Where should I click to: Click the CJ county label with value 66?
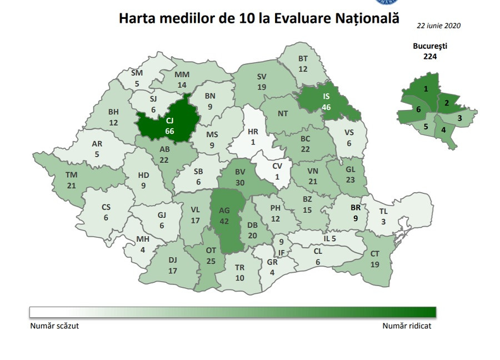click(169, 125)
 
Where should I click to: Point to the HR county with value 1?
click(253, 137)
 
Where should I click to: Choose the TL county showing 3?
click(383, 217)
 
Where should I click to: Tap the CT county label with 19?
click(374, 259)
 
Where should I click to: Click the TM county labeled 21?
click(71, 179)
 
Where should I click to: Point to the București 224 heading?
click(430, 51)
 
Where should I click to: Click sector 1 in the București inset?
click(426, 89)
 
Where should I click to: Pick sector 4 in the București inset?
click(443, 130)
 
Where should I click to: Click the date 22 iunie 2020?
click(439, 26)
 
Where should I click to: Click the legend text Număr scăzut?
click(54, 326)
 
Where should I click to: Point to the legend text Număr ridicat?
click(407, 326)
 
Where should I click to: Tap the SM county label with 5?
click(137, 78)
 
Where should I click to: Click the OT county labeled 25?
click(211, 256)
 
